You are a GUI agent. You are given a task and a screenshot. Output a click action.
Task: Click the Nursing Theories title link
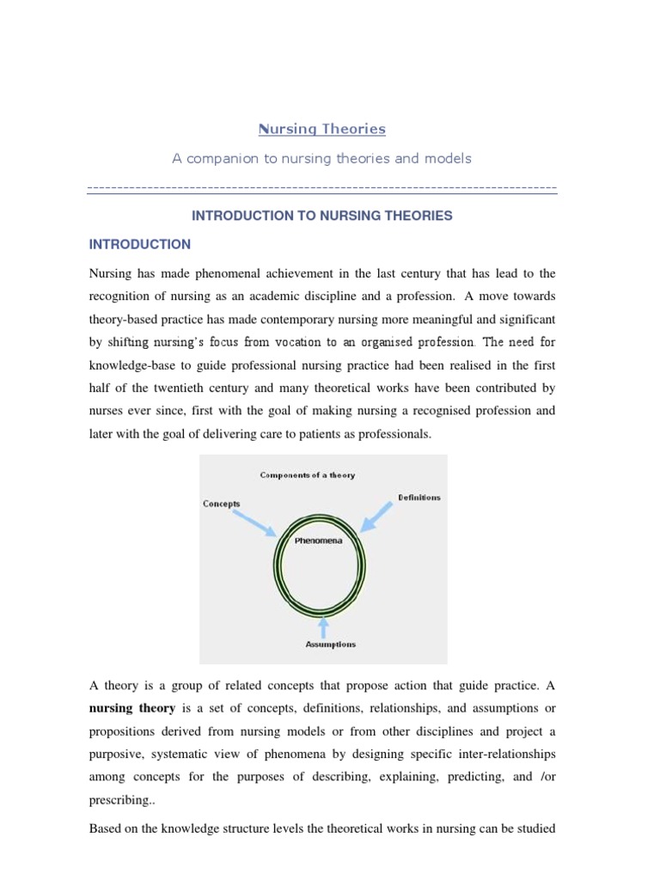tap(322, 129)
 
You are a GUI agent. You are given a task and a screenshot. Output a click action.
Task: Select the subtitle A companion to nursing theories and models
tap(322, 159)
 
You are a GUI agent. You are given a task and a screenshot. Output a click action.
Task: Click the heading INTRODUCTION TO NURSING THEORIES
tap(322, 216)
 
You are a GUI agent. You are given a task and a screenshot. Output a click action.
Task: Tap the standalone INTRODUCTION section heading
tap(140, 244)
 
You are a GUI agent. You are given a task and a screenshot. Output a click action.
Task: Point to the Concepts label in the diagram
tap(222, 504)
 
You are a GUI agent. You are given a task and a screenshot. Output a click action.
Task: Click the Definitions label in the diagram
tap(419, 498)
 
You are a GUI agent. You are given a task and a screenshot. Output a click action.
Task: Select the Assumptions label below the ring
tap(331, 644)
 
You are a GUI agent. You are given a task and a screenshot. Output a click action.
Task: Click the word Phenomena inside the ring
tap(318, 541)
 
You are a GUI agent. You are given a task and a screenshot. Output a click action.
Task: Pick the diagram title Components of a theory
tap(307, 474)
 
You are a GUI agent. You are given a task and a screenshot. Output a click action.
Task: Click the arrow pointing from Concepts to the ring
tap(252, 521)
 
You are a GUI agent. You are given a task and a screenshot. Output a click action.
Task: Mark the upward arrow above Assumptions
tap(324, 626)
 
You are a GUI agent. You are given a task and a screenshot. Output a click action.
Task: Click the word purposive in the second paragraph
tap(119, 753)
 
